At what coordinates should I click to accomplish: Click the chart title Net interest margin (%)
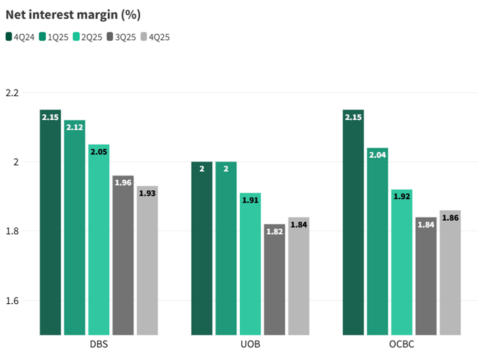pos(73,15)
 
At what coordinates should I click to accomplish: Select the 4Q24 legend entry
pos(20,37)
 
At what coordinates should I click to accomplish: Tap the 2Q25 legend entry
pos(88,37)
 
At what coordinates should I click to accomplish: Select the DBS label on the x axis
pos(99,345)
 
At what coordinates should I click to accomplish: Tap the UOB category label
pos(250,345)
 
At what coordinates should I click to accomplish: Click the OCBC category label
pos(402,345)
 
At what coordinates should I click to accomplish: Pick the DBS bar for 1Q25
pos(75,231)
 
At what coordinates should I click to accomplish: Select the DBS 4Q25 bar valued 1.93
pos(147,263)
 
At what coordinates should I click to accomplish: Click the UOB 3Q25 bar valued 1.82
pos(274,281)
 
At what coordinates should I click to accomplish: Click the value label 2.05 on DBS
pos(99,151)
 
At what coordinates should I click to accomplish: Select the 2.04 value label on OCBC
pos(377,155)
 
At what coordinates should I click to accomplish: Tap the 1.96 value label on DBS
pos(123,183)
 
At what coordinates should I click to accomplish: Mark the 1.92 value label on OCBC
pos(402,197)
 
